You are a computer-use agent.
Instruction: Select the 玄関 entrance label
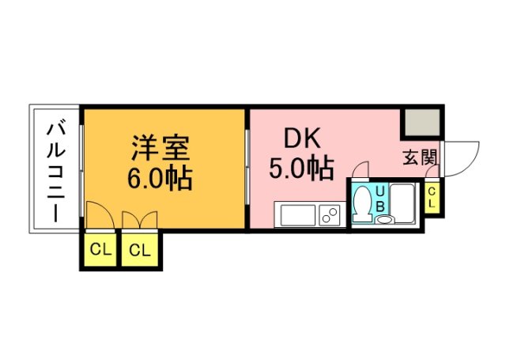(419, 157)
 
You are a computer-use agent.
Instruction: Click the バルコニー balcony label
(55, 169)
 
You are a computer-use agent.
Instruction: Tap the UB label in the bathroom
(380, 198)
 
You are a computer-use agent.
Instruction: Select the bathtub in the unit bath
(406, 203)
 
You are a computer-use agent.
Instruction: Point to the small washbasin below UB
(383, 219)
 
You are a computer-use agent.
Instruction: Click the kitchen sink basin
(296, 214)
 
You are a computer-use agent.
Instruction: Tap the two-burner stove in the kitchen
(329, 214)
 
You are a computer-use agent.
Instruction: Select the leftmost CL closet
(100, 251)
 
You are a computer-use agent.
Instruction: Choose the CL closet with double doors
(140, 251)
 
